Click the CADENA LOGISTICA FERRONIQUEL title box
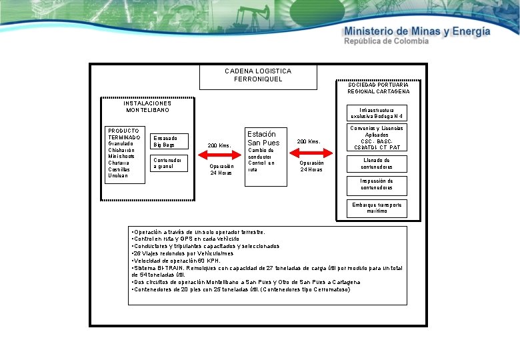pos(258,76)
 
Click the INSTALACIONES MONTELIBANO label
pos(147,107)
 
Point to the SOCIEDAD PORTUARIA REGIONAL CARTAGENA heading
pos(378,87)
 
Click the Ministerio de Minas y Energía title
pos(417,31)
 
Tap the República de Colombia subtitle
pos(386,41)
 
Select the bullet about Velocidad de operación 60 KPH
pos(177,261)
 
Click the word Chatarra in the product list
pos(118,162)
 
